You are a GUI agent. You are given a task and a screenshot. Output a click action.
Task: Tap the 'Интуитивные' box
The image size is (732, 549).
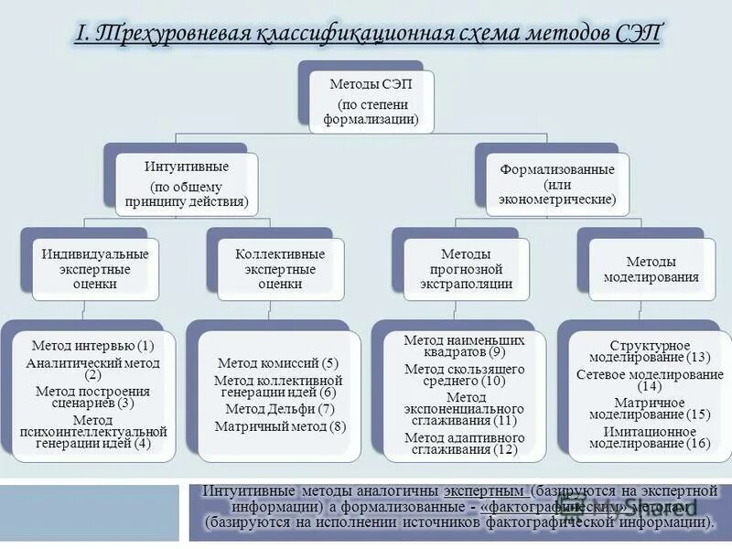click(187, 184)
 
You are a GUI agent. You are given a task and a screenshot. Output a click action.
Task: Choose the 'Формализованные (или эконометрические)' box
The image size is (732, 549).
click(556, 184)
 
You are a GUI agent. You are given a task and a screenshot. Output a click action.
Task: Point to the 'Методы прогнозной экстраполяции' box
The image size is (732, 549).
click(465, 267)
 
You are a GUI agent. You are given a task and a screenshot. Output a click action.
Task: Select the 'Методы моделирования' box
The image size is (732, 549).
click(650, 267)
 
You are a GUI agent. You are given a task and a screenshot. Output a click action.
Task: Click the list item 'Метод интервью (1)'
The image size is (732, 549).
click(92, 346)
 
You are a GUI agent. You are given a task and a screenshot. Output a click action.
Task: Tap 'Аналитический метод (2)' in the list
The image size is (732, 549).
click(92, 368)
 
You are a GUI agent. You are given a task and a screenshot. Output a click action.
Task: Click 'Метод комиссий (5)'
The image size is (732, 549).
click(280, 363)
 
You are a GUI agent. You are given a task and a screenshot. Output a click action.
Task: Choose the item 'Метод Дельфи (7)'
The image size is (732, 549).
click(280, 409)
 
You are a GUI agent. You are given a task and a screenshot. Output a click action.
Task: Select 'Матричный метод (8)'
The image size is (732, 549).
click(280, 426)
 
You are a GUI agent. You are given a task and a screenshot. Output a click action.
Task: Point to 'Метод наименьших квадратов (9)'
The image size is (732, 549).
click(465, 346)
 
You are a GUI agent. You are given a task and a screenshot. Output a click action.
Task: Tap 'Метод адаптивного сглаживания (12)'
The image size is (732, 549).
click(465, 444)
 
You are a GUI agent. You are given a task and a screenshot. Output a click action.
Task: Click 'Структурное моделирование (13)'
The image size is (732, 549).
click(650, 350)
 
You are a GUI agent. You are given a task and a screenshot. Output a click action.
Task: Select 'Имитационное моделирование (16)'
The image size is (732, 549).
click(650, 437)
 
